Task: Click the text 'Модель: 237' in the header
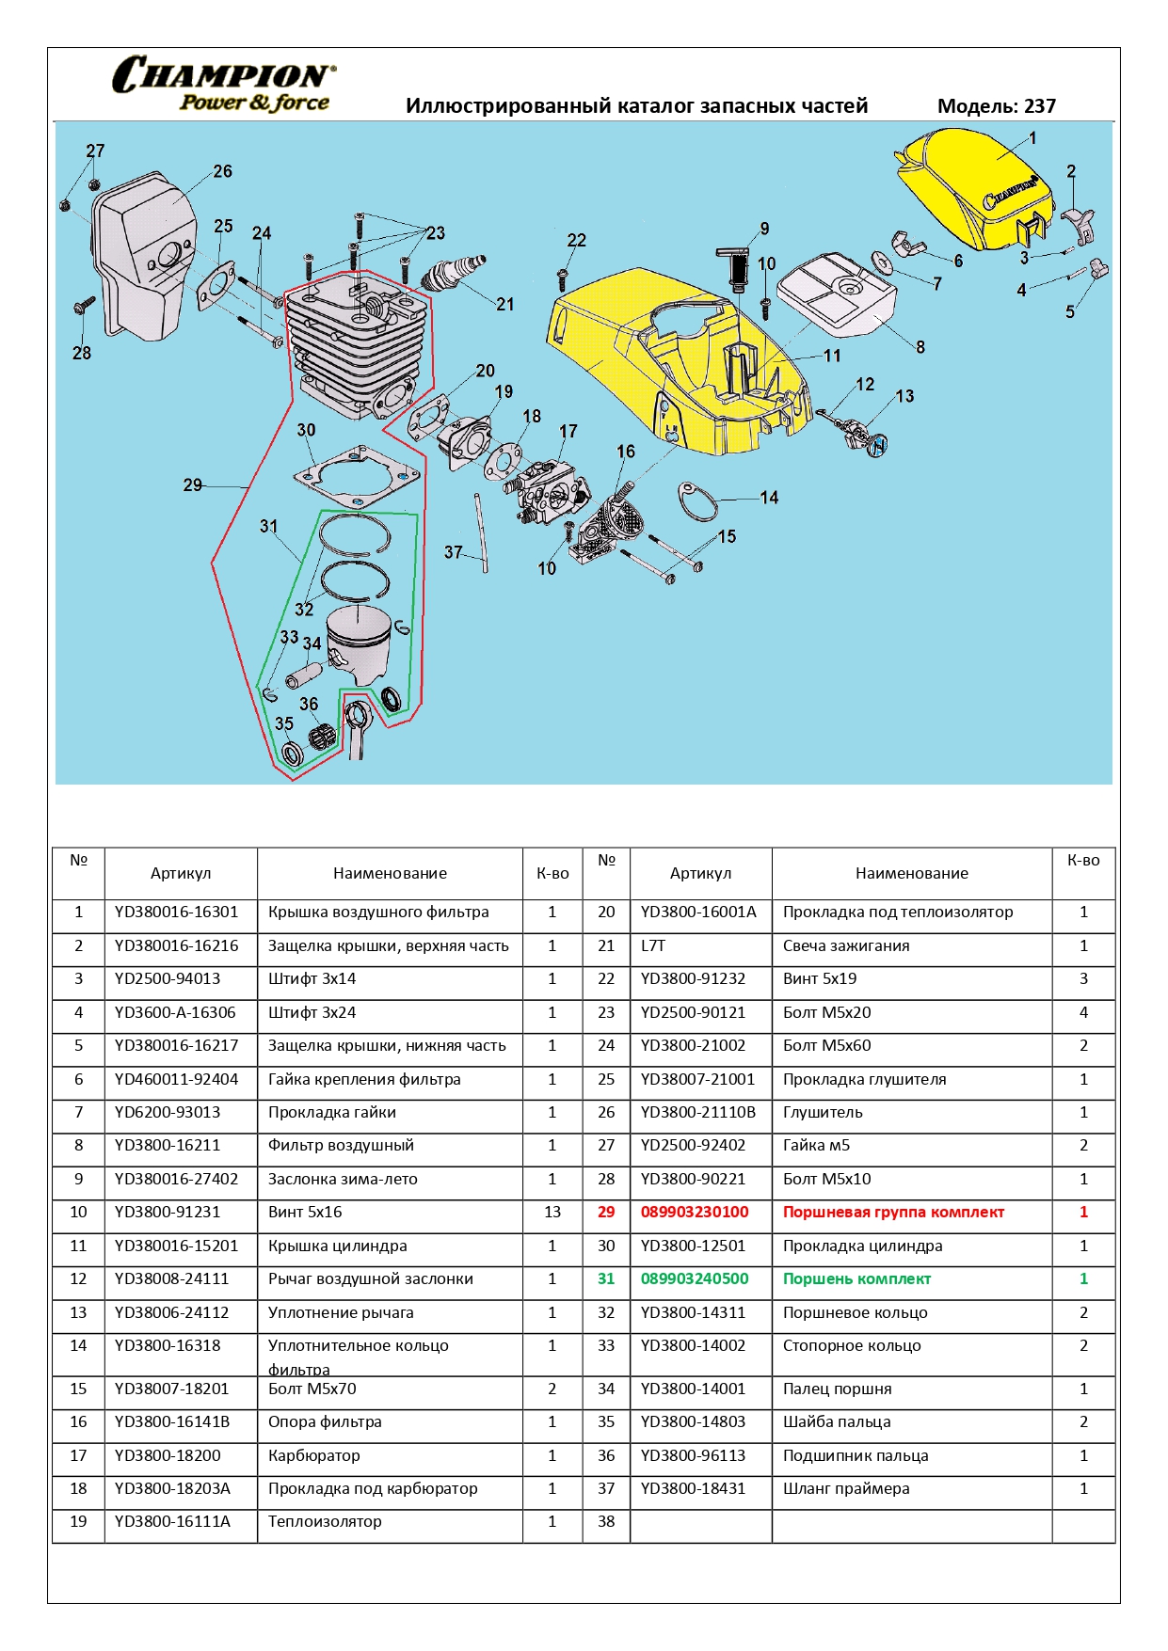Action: coord(996,106)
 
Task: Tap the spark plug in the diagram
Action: coord(454,273)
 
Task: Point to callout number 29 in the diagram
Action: coord(192,484)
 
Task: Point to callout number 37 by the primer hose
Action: coord(453,552)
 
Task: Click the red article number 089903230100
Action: coord(695,1212)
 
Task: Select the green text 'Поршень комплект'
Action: coord(856,1278)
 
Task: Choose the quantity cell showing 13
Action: coord(552,1212)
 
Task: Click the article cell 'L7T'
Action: coord(653,945)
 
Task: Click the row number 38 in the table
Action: coord(606,1521)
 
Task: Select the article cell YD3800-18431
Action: coord(693,1488)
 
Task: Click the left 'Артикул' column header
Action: coord(181,873)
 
